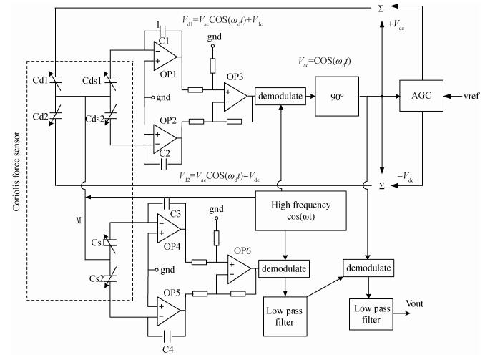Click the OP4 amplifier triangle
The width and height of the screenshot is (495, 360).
tap(169, 229)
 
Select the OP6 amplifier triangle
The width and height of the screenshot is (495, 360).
tap(239, 268)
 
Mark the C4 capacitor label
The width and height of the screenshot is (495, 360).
tap(167, 350)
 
